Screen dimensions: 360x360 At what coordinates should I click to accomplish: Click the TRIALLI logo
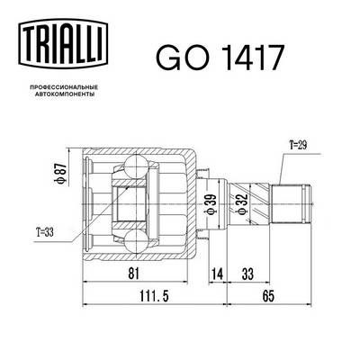[63, 43]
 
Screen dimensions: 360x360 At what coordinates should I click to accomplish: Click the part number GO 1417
[220, 57]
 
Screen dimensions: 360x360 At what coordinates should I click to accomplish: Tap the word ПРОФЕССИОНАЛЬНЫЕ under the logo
[63, 87]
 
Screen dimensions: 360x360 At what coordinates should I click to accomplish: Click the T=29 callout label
[298, 146]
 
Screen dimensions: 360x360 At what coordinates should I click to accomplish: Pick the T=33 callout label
[45, 232]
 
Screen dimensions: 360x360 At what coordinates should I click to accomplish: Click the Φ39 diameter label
[211, 203]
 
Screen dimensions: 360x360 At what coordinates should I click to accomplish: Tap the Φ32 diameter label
[242, 204]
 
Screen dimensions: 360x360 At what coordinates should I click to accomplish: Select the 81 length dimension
[133, 274]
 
